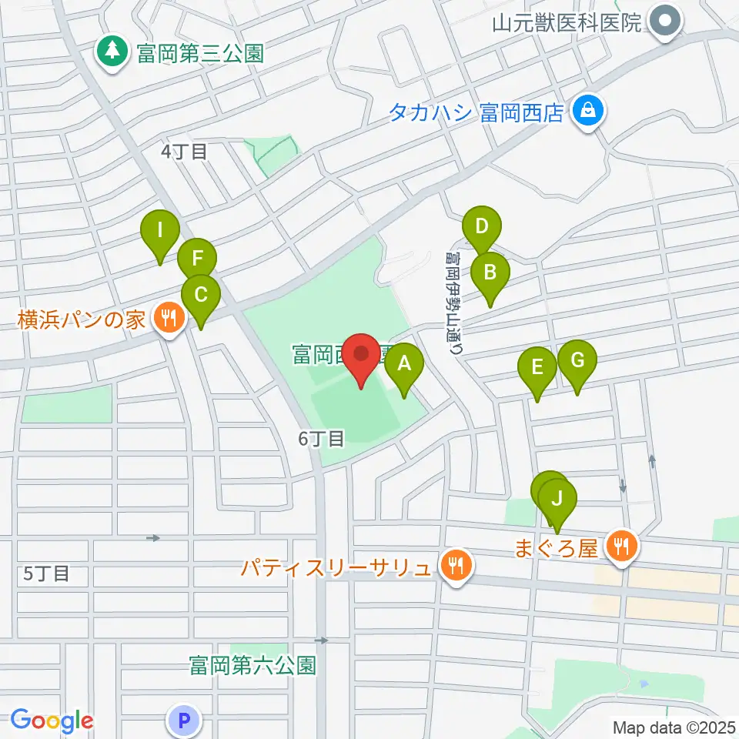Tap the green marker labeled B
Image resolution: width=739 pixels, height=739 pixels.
(x=490, y=271)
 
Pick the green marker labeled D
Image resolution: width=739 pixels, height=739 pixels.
(x=482, y=227)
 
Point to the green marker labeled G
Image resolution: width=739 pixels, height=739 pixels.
(x=577, y=359)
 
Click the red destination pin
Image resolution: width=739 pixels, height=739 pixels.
(x=363, y=356)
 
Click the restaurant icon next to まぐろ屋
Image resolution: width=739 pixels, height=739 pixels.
(x=620, y=547)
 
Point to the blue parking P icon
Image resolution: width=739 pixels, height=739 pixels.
(x=183, y=721)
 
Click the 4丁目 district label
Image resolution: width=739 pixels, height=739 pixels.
(x=184, y=152)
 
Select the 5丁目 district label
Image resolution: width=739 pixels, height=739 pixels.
(x=46, y=573)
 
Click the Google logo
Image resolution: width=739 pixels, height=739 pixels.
(x=52, y=721)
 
